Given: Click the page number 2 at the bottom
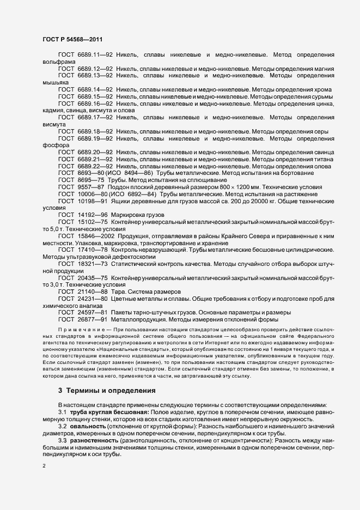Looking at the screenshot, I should (44, 466).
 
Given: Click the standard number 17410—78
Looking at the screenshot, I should (93, 250).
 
